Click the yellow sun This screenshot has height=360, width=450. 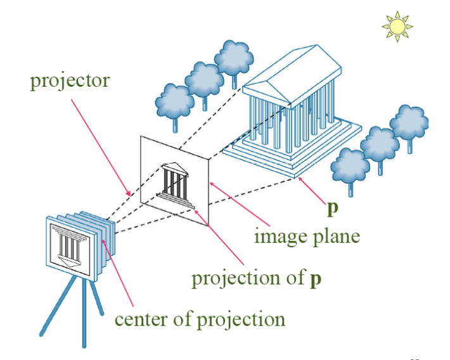[x=397, y=26]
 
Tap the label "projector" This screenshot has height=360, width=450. [x=70, y=80]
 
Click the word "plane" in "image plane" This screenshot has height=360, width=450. [x=338, y=237]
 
